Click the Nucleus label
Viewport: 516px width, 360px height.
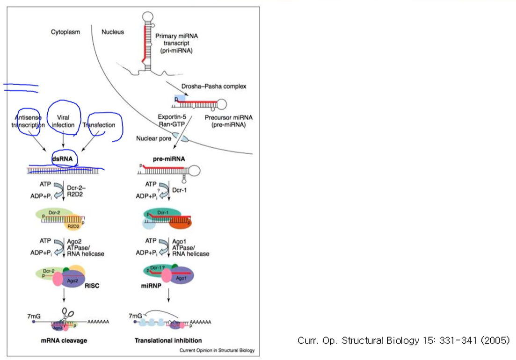tap(113, 32)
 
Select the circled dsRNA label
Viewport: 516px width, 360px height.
tap(62, 158)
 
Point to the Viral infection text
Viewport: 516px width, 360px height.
tap(63, 122)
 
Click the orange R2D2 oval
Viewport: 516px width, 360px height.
tap(73, 226)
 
